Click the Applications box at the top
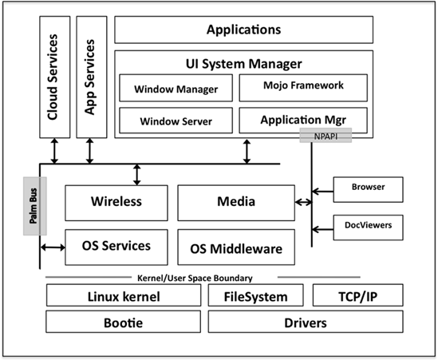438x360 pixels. [x=243, y=30]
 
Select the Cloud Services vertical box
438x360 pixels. [x=54, y=77]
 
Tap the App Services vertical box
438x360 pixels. [x=91, y=77]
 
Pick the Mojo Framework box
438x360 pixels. [x=303, y=85]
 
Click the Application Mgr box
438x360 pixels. [x=303, y=121]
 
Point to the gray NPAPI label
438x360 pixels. [x=325, y=136]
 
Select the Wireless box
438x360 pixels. [x=116, y=202]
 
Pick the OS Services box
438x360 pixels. [x=116, y=245]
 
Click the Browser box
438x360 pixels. [x=368, y=188]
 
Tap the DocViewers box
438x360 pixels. [x=368, y=226]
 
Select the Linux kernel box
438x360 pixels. [x=123, y=297]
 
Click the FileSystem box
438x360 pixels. [x=255, y=297]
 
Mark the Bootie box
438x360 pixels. [x=123, y=323]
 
